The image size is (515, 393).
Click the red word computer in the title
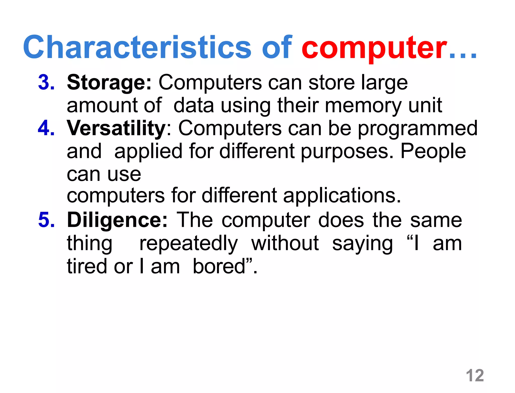click(374, 48)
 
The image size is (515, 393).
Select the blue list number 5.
click(46, 220)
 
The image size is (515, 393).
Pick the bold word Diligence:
click(117, 220)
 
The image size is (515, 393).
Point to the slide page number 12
click(475, 375)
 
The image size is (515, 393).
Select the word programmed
click(417, 129)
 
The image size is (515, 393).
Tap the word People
click(433, 151)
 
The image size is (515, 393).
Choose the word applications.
click(342, 196)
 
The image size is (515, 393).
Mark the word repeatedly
click(189, 244)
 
